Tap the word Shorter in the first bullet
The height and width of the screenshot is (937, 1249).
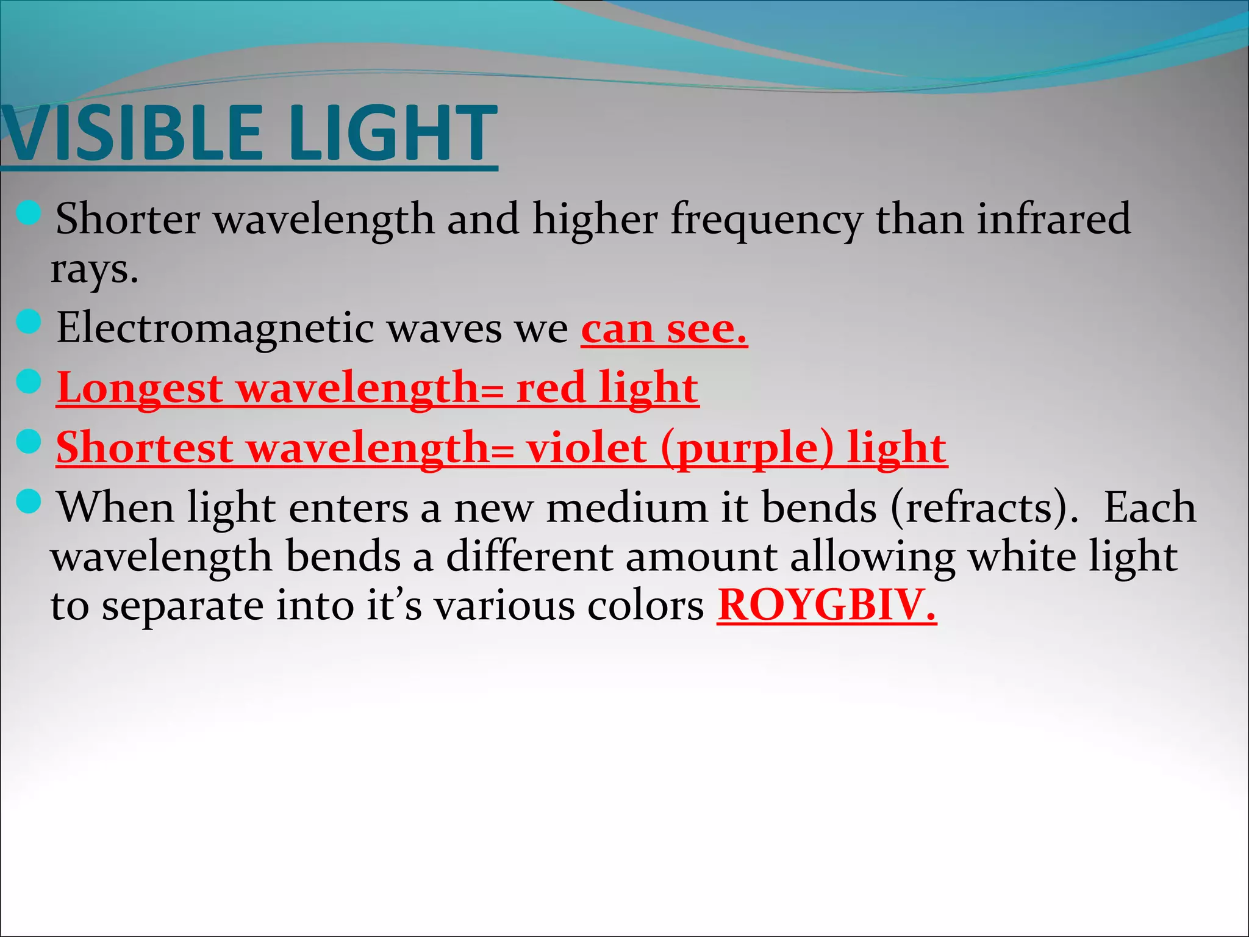(x=127, y=218)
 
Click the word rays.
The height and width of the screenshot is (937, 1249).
(x=94, y=270)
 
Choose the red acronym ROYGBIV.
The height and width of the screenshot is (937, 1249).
(x=826, y=605)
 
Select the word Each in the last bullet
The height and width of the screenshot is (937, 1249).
(x=1150, y=508)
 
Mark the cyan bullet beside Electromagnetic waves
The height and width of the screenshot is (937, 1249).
(x=29, y=321)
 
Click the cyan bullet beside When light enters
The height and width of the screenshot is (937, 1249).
(x=29, y=501)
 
